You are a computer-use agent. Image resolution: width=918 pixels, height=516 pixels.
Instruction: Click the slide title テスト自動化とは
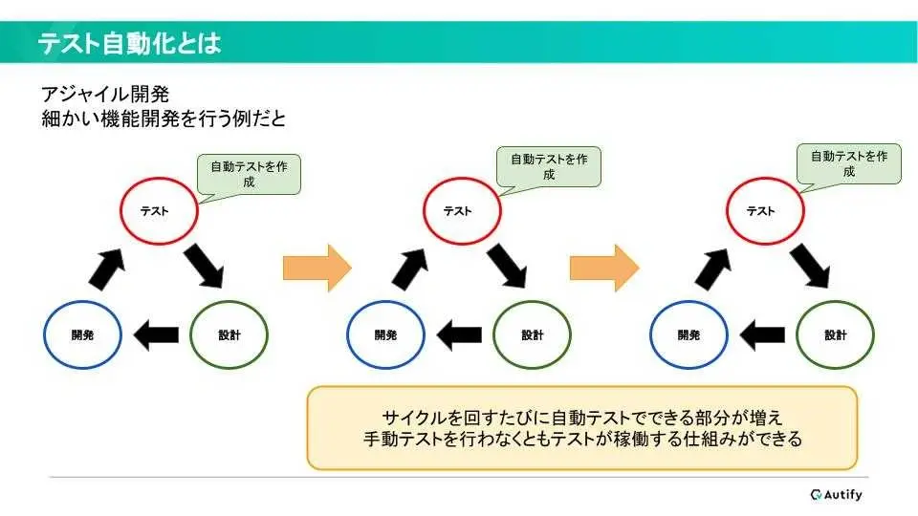tap(129, 43)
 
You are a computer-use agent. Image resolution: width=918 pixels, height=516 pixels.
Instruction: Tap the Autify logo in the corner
tap(836, 495)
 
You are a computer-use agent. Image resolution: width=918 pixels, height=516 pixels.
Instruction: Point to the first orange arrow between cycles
tap(317, 268)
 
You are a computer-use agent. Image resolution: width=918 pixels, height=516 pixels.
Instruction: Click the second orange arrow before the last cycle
tap(604, 268)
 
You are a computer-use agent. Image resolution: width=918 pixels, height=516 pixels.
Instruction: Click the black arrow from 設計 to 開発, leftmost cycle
tap(156, 335)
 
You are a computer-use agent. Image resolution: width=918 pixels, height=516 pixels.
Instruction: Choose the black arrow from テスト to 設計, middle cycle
tap(507, 267)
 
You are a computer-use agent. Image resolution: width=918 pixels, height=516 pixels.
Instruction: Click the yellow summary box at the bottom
tap(582, 428)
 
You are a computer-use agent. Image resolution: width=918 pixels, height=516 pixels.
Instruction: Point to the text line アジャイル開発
tap(105, 95)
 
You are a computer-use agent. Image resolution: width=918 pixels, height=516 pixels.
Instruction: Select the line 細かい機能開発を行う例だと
tap(164, 118)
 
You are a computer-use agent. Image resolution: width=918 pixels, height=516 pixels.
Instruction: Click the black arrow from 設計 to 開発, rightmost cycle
tap(762, 335)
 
